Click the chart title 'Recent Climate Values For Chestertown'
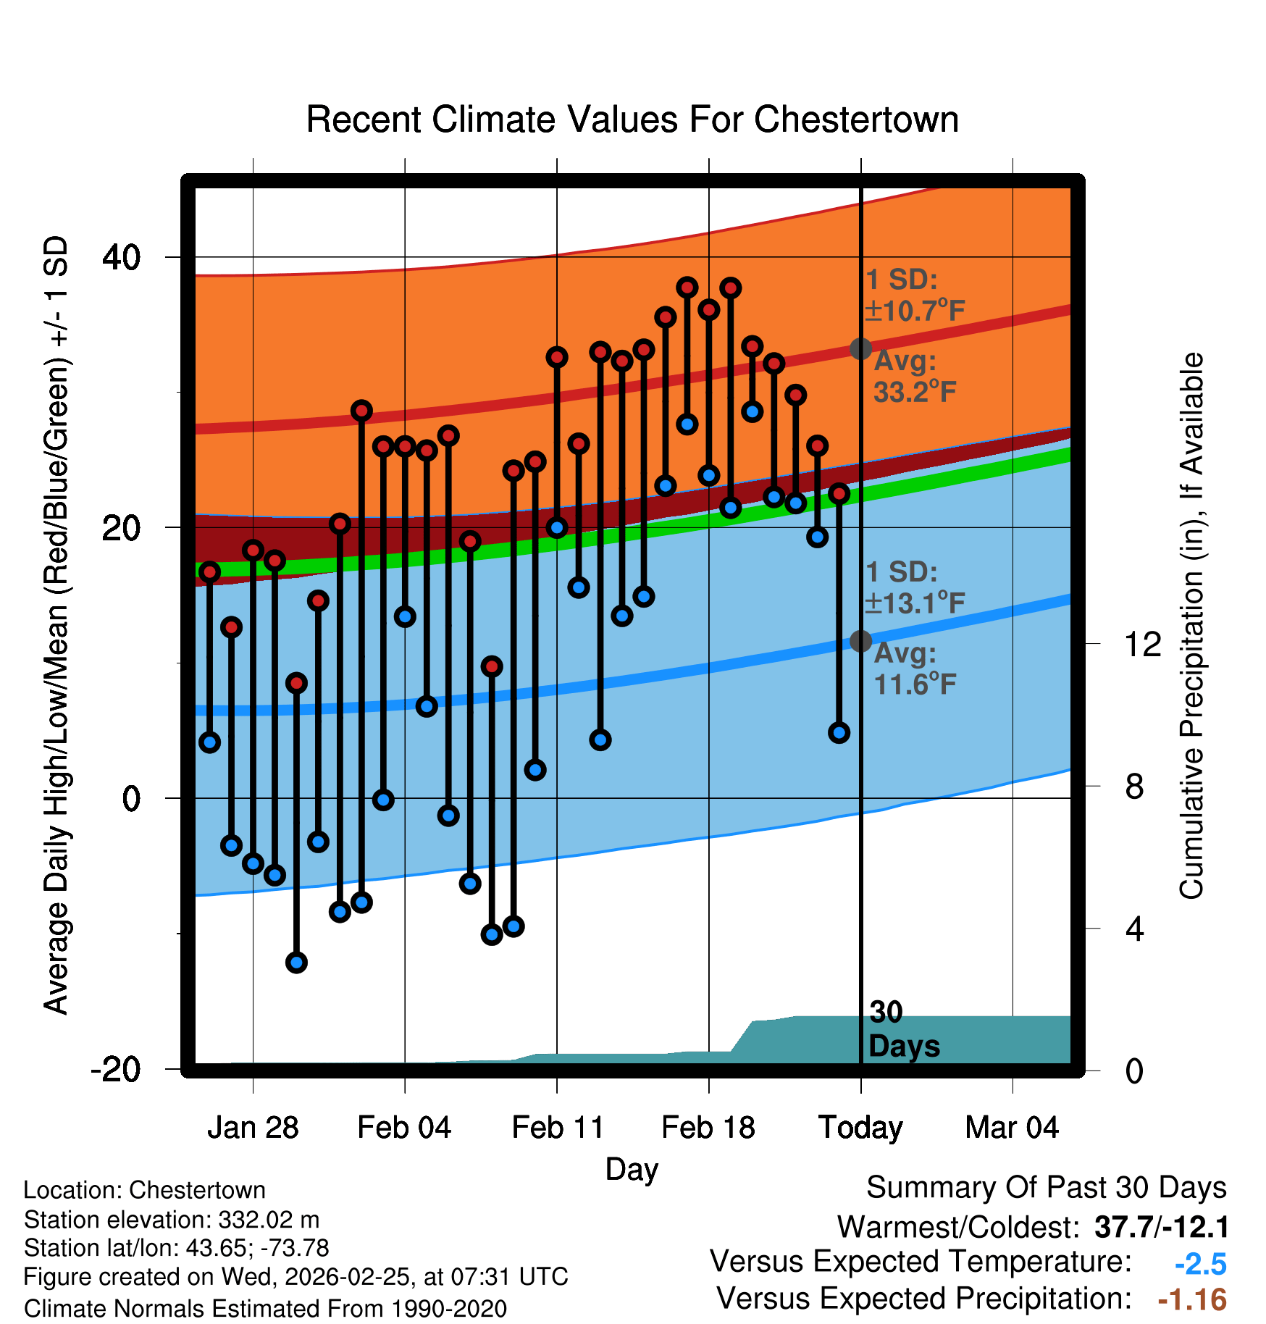click(x=632, y=120)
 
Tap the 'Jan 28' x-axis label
click(x=253, y=1128)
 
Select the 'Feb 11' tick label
click(x=557, y=1128)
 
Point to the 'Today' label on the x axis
click(x=860, y=1128)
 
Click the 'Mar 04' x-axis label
click(x=1012, y=1128)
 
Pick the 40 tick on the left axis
click(x=122, y=257)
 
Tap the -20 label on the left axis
click(x=116, y=1069)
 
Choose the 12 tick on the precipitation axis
click(x=1143, y=644)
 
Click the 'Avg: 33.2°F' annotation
click(x=914, y=377)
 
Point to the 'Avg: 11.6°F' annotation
click(x=914, y=669)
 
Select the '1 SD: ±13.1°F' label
click(x=914, y=587)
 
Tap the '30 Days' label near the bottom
click(x=902, y=1029)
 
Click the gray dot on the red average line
click(x=860, y=348)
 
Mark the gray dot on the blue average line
click(x=860, y=641)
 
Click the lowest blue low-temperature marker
click(x=296, y=963)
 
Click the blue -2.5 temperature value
click(x=1200, y=1264)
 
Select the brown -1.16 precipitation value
click(x=1192, y=1300)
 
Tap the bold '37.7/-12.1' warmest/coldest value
click(x=1162, y=1227)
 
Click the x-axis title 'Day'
click(x=632, y=1170)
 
